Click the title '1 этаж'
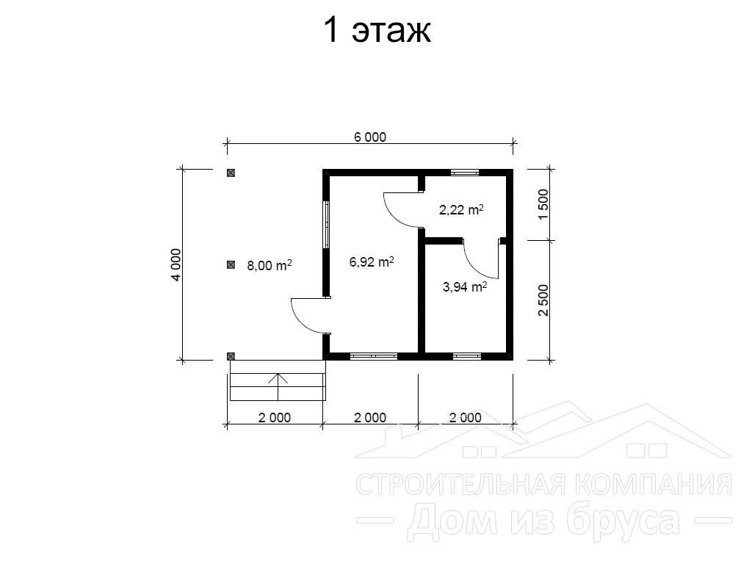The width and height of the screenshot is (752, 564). [377, 30]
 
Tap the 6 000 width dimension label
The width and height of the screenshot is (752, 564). [370, 137]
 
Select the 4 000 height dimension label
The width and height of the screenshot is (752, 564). [176, 264]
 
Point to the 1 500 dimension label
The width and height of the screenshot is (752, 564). [543, 204]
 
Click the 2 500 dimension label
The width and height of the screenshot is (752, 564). [543, 300]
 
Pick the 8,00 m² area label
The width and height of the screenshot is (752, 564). [270, 265]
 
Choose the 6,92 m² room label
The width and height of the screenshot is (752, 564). [372, 262]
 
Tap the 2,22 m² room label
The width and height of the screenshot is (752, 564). [461, 209]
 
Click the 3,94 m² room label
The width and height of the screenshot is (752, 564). [464, 287]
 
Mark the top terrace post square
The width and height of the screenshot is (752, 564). [231, 173]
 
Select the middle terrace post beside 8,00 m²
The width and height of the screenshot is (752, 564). [231, 264]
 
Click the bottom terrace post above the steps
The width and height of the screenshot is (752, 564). [231, 356]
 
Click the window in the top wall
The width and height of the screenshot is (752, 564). [465, 173]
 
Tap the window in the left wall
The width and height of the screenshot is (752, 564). [326, 225]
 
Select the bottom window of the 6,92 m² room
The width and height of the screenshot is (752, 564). [374, 356]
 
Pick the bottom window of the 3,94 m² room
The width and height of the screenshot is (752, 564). [467, 356]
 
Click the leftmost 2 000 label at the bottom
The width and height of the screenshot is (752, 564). [275, 418]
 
